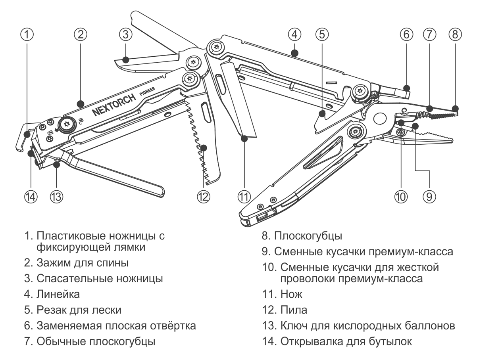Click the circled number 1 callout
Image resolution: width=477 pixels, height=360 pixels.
tap(27, 34)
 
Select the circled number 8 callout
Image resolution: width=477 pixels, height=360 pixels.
tap(455, 34)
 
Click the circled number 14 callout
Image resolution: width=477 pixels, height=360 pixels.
tap(31, 195)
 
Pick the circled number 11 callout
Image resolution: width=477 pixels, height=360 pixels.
tap(244, 195)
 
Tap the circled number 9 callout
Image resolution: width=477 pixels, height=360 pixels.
tap(429, 195)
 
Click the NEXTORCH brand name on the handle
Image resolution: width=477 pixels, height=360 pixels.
tap(114, 106)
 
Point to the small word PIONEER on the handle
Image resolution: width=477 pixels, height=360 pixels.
tap(149, 94)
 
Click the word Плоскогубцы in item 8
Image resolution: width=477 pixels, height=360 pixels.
tap(308, 236)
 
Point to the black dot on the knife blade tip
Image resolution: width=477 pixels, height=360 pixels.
tap(244, 138)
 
